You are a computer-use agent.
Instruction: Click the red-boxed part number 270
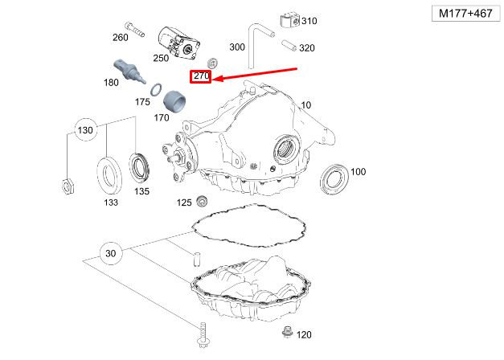[x=200, y=77]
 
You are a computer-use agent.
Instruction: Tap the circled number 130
[x=85, y=130]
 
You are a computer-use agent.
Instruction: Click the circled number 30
[x=111, y=254]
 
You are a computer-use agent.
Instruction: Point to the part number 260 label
[x=121, y=38]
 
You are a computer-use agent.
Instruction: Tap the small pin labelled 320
[x=288, y=47]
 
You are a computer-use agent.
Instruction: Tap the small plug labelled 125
[x=203, y=201]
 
